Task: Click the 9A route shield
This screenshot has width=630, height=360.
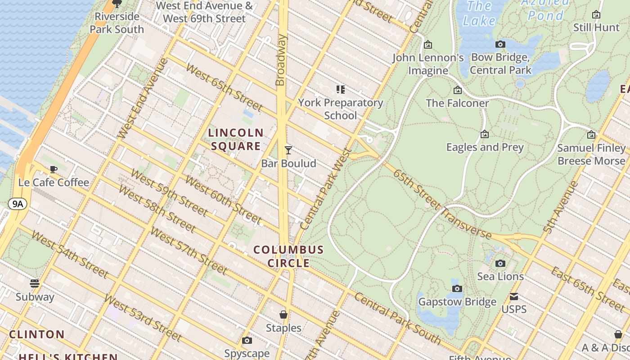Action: pyautogui.click(x=17, y=204)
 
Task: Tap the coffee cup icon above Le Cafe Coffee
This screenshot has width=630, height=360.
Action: pyautogui.click(x=54, y=170)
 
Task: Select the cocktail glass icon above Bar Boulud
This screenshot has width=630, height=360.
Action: pyautogui.click(x=288, y=150)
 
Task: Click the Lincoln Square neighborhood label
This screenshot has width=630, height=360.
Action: pyautogui.click(x=236, y=139)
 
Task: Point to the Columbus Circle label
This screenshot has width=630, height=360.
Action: pyautogui.click(x=288, y=256)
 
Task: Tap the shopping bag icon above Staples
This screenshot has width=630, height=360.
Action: pyautogui.click(x=283, y=315)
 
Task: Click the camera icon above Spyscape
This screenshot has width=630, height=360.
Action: pyautogui.click(x=247, y=341)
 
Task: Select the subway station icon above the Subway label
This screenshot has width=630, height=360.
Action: pyautogui.click(x=35, y=283)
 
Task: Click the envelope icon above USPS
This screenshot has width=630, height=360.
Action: pyautogui.click(x=514, y=297)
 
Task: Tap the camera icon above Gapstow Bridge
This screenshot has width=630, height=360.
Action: pyautogui.click(x=457, y=288)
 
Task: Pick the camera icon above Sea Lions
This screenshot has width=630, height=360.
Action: pyautogui.click(x=500, y=263)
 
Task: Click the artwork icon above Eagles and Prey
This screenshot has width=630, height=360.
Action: pyautogui.click(x=485, y=134)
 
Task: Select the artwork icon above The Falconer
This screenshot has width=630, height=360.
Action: pyautogui.click(x=458, y=90)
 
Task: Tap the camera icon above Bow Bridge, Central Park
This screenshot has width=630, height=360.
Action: pyautogui.click(x=500, y=44)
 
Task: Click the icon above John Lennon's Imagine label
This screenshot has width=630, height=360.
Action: pyautogui.click(x=428, y=45)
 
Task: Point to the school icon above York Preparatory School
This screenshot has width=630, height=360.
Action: pyautogui.click(x=341, y=90)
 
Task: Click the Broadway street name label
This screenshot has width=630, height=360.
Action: pyautogui.click(x=281, y=60)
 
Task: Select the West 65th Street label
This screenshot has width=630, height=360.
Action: pyautogui.click(x=224, y=88)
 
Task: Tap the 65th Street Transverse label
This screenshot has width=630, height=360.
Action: pyautogui.click(x=442, y=204)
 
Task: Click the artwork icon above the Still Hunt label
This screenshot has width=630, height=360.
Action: pyautogui.click(x=596, y=14)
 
